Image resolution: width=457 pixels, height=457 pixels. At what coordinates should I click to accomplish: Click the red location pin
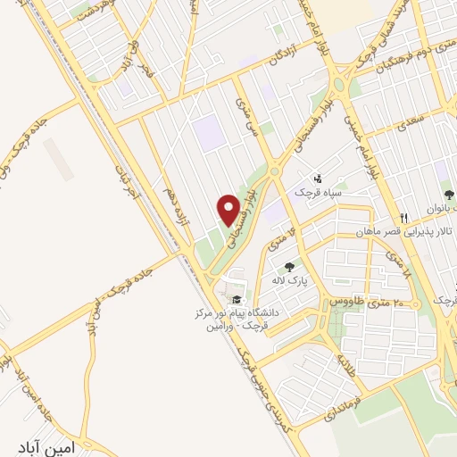coord(229,210)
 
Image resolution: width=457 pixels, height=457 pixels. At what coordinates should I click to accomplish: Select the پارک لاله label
coord(290,279)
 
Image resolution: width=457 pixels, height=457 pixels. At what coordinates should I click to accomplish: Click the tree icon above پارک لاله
coord(289,266)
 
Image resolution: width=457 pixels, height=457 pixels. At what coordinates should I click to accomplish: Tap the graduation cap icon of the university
coord(237,301)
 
